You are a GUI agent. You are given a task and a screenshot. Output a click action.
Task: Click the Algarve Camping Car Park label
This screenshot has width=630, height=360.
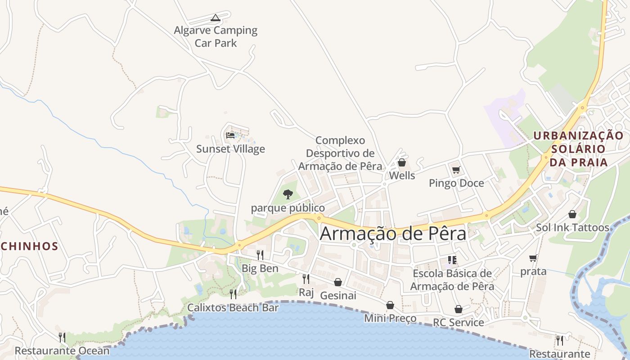(x=216, y=37)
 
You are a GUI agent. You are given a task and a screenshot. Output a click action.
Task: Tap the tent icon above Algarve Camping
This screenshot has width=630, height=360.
(x=216, y=18)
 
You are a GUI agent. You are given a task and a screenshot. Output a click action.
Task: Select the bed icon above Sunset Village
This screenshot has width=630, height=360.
(x=230, y=135)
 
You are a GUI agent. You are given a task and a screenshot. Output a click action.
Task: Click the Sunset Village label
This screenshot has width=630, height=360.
(x=230, y=149)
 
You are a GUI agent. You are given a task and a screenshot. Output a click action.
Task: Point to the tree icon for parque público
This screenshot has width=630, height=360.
(x=288, y=194)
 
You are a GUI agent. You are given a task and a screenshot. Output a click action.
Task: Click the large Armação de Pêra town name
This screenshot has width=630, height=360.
(x=393, y=234)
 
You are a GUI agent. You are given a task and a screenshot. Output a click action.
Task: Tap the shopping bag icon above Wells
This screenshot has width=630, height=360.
(x=402, y=162)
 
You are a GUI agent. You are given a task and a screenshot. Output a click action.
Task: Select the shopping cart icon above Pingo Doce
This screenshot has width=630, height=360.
(x=456, y=170)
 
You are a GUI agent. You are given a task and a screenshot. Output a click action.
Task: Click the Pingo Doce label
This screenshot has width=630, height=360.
(x=456, y=183)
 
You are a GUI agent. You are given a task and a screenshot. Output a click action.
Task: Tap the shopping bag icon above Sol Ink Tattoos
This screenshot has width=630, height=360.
(x=572, y=214)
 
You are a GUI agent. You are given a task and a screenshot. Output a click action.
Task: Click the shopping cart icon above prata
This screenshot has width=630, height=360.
(x=533, y=258)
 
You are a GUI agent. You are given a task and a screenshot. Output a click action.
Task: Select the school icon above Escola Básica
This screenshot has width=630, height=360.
(x=452, y=260)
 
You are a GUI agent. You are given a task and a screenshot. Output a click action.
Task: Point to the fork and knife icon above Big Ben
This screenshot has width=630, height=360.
(x=260, y=255)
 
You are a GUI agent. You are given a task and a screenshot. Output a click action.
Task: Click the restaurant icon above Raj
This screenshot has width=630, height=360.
(x=306, y=279)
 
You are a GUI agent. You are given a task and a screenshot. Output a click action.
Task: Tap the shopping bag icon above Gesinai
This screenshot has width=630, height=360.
(x=338, y=282)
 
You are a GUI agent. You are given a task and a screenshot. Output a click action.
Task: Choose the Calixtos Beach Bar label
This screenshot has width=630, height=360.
(x=233, y=308)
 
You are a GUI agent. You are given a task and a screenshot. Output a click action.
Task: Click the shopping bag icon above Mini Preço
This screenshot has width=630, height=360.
(x=390, y=305)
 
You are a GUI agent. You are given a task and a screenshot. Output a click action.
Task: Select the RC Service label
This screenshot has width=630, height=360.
(x=458, y=322)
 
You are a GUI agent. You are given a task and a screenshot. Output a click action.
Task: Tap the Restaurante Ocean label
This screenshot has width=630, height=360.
(x=62, y=351)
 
